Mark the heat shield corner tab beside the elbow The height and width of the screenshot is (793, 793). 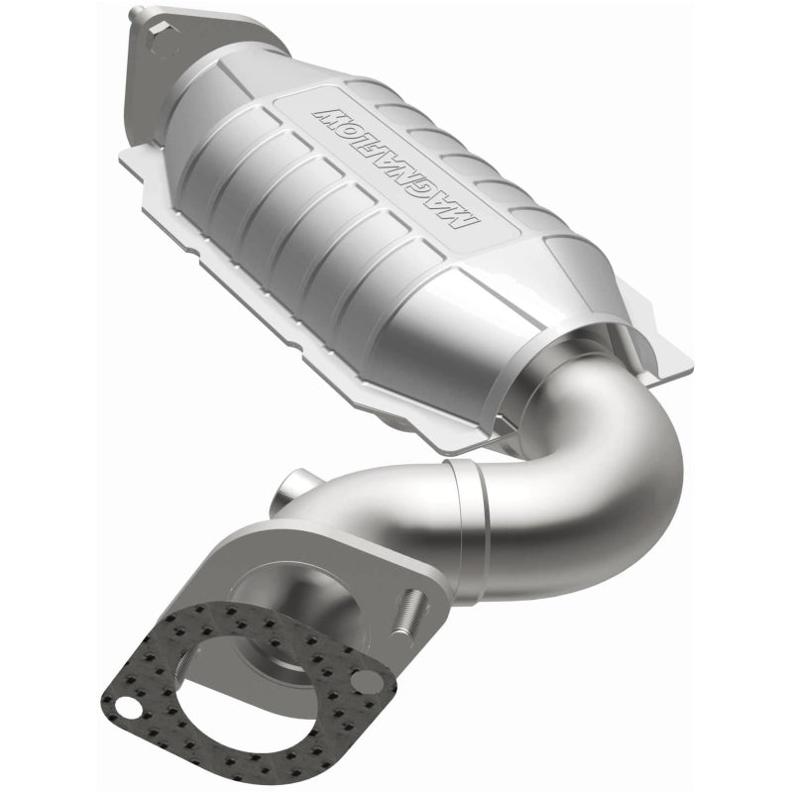click(654, 352)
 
